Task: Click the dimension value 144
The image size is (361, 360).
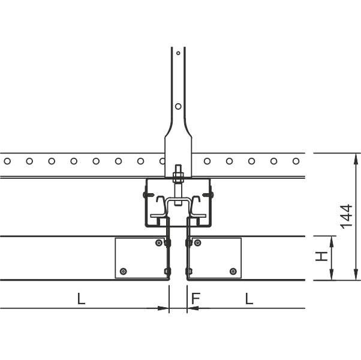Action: (x=347, y=217)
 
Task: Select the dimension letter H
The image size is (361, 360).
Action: (x=321, y=256)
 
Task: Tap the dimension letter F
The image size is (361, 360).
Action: (x=195, y=299)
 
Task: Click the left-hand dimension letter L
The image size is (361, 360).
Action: (x=81, y=299)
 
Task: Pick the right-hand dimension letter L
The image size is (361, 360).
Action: (x=249, y=299)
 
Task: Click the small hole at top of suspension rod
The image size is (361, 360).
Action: (x=178, y=53)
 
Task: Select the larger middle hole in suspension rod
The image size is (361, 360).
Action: (x=178, y=106)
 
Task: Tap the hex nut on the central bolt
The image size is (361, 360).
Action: (x=178, y=175)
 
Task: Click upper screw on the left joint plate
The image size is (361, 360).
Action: (x=159, y=242)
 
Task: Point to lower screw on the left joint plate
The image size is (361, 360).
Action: (x=124, y=271)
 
